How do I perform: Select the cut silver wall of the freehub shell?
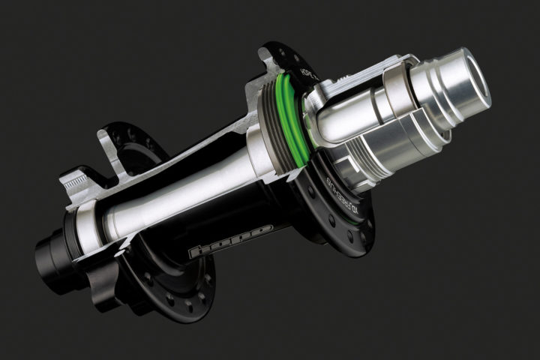tap(360, 75)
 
